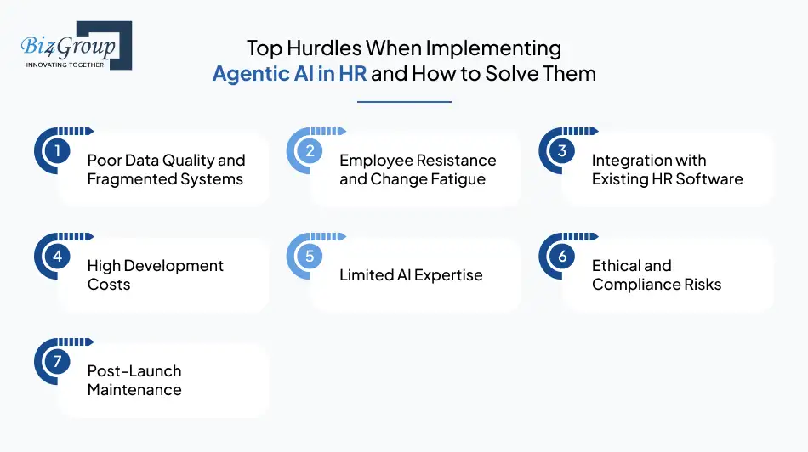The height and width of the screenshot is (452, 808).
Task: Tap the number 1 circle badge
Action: (x=57, y=151)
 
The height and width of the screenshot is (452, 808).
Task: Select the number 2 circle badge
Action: (x=310, y=151)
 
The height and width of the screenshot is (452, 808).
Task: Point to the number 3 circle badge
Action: (x=562, y=151)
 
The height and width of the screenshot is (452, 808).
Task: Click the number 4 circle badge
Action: (x=57, y=257)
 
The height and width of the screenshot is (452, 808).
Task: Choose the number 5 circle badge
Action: (x=310, y=257)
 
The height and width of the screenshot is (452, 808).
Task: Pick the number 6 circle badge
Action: (x=562, y=257)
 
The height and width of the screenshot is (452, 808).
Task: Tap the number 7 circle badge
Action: (x=57, y=362)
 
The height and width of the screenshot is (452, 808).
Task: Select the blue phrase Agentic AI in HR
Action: (x=289, y=73)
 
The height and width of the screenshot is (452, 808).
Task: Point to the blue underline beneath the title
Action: (x=404, y=102)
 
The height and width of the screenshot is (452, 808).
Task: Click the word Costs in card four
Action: (x=109, y=285)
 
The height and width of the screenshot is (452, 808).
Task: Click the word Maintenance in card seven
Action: (x=134, y=390)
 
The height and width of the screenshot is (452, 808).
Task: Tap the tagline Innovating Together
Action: (x=66, y=65)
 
